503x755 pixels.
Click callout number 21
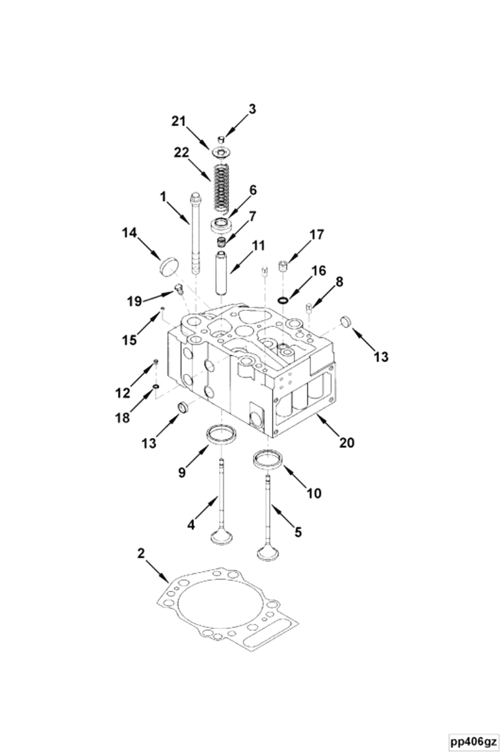[177, 120]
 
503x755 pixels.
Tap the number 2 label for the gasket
[141, 553]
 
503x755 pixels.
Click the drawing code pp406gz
[473, 740]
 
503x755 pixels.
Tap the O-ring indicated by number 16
[283, 300]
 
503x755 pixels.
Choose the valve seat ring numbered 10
[267, 457]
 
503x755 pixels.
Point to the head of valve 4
[220, 537]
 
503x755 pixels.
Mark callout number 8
[339, 281]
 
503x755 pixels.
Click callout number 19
[134, 300]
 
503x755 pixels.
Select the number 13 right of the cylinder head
[381, 357]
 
